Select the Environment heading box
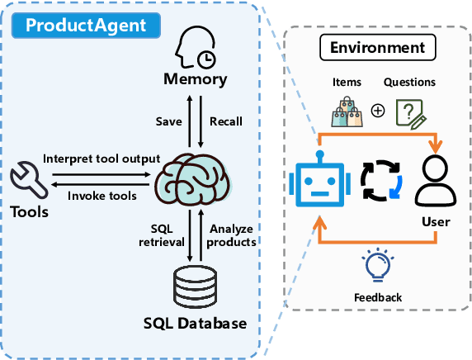(x=377, y=48)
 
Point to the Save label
(x=168, y=121)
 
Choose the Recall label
(x=226, y=121)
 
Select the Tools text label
(x=31, y=212)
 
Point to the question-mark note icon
(x=410, y=111)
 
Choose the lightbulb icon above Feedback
(x=379, y=267)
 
